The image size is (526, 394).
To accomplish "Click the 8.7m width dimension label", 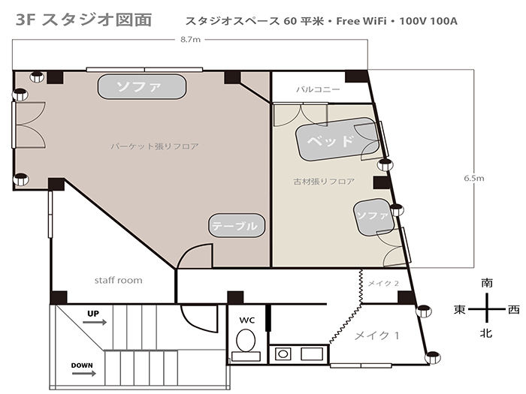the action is (x=190, y=40).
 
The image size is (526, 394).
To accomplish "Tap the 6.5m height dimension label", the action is (x=474, y=179).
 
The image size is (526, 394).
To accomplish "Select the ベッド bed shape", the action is (x=338, y=140).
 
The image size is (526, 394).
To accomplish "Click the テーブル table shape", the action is (x=237, y=225).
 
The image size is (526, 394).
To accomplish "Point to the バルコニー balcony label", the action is (x=318, y=89).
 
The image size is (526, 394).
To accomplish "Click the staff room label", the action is (x=119, y=280).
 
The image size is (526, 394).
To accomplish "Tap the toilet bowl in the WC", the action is (x=246, y=341).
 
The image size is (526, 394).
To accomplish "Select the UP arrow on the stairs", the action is (x=95, y=322).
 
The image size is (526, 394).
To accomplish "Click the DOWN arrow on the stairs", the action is (x=84, y=373).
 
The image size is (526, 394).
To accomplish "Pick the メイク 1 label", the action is (x=377, y=335).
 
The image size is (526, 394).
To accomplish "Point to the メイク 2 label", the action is (x=383, y=284).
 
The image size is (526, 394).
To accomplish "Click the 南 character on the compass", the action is (x=487, y=283).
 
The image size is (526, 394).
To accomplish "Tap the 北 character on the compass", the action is (x=486, y=332).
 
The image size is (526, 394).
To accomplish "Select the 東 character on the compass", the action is (x=460, y=309).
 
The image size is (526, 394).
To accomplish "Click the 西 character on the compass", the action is (x=513, y=309).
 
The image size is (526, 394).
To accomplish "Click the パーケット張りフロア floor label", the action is (x=155, y=146).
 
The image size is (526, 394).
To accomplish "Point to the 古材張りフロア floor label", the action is (x=324, y=182).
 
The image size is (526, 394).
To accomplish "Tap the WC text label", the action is (x=247, y=320).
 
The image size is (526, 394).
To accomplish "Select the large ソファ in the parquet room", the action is (x=142, y=87).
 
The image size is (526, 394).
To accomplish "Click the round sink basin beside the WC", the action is (x=283, y=353).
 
